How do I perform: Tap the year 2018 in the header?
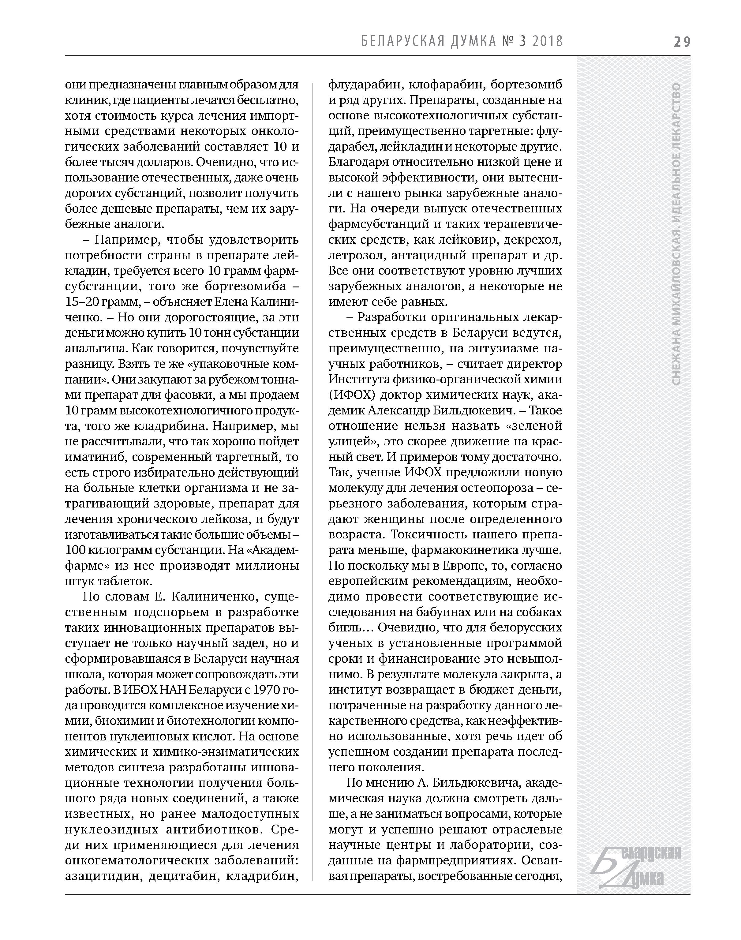coord(547,41)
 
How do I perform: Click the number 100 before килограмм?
coord(75,550)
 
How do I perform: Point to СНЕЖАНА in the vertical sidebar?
coord(676,355)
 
